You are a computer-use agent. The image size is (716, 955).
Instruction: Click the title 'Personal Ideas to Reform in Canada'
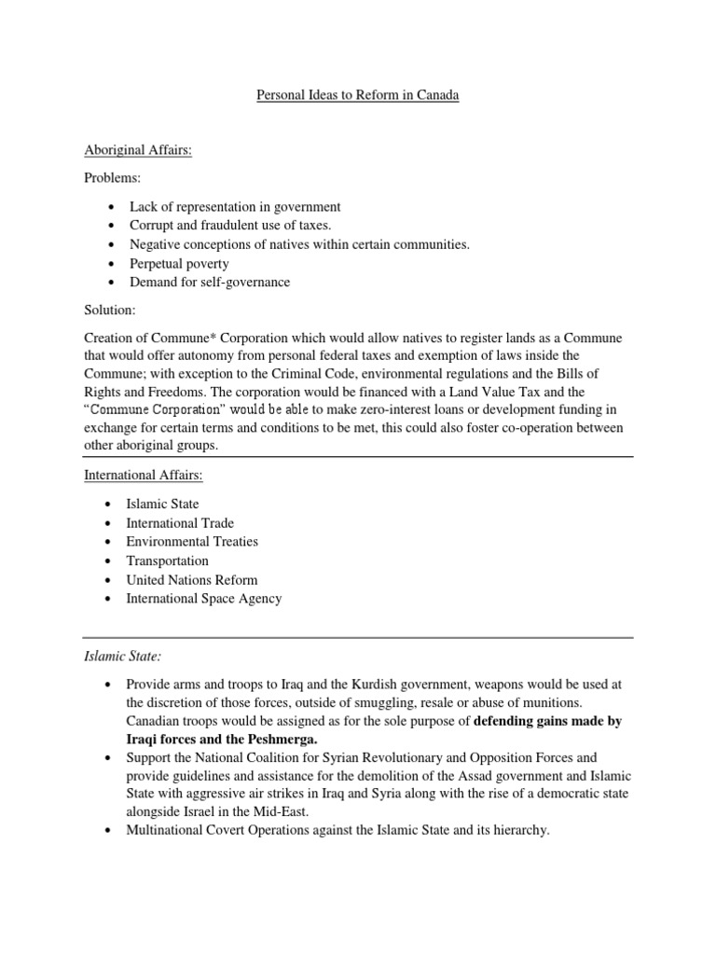pyautogui.click(x=357, y=96)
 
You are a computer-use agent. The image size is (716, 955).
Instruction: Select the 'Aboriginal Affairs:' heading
pyautogui.click(x=138, y=149)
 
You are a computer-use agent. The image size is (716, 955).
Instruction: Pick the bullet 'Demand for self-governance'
pyautogui.click(x=208, y=283)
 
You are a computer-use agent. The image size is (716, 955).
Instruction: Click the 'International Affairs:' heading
pyautogui.click(x=145, y=475)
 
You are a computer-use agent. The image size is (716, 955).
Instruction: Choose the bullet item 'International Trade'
pyautogui.click(x=180, y=523)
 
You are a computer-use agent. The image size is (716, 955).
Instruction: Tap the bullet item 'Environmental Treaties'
pyautogui.click(x=192, y=542)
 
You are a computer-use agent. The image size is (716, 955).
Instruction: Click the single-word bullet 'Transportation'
pyautogui.click(x=167, y=561)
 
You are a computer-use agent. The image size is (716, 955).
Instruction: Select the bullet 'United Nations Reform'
pyautogui.click(x=191, y=580)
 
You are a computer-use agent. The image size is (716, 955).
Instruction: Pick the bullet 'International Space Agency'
pyautogui.click(x=203, y=599)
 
